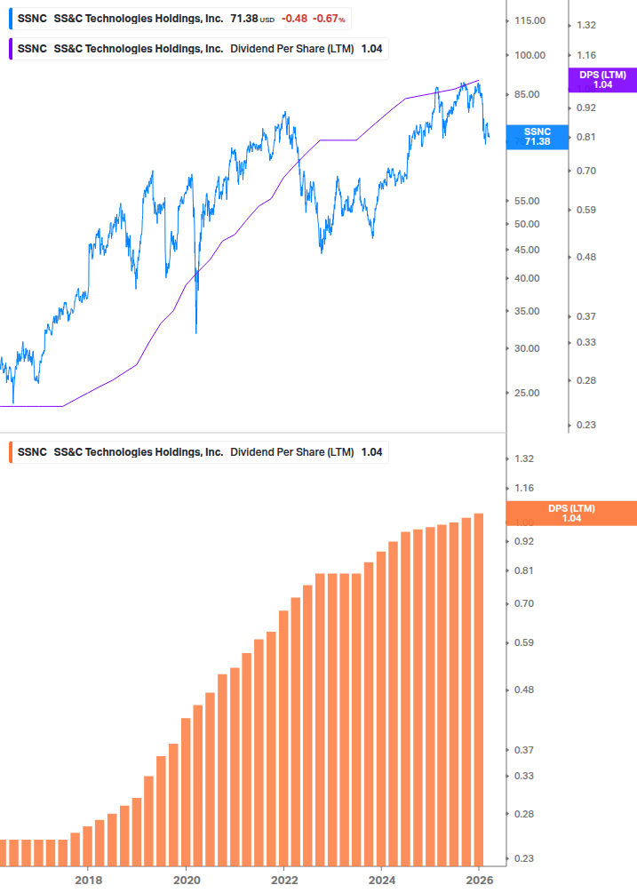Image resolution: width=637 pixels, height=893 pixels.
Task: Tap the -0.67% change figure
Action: [329, 19]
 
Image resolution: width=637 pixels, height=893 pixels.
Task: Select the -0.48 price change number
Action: [294, 19]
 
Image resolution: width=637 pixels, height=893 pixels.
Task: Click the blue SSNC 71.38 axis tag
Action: [537, 136]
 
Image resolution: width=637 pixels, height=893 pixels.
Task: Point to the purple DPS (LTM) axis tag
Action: [602, 80]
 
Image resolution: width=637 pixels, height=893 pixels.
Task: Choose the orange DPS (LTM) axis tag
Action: [571, 513]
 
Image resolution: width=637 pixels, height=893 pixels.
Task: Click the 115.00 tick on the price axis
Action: [530, 20]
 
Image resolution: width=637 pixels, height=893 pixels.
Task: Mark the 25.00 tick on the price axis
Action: [530, 393]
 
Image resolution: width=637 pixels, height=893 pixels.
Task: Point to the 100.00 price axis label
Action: [530, 55]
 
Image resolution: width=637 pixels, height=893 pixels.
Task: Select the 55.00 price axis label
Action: [530, 202]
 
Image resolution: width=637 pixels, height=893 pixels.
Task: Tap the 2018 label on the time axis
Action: [87, 881]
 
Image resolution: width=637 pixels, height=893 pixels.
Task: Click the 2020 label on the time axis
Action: [186, 881]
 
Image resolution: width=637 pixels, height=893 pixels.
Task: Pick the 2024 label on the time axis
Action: [381, 881]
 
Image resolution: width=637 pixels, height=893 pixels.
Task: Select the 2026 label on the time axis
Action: [479, 881]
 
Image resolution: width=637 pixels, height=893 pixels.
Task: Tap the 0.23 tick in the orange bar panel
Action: [523, 858]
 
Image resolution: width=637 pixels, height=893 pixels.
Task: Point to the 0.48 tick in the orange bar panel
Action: [523, 690]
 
